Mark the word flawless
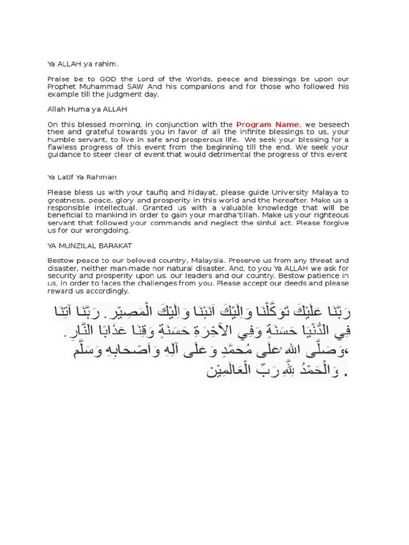tap(63, 147)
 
